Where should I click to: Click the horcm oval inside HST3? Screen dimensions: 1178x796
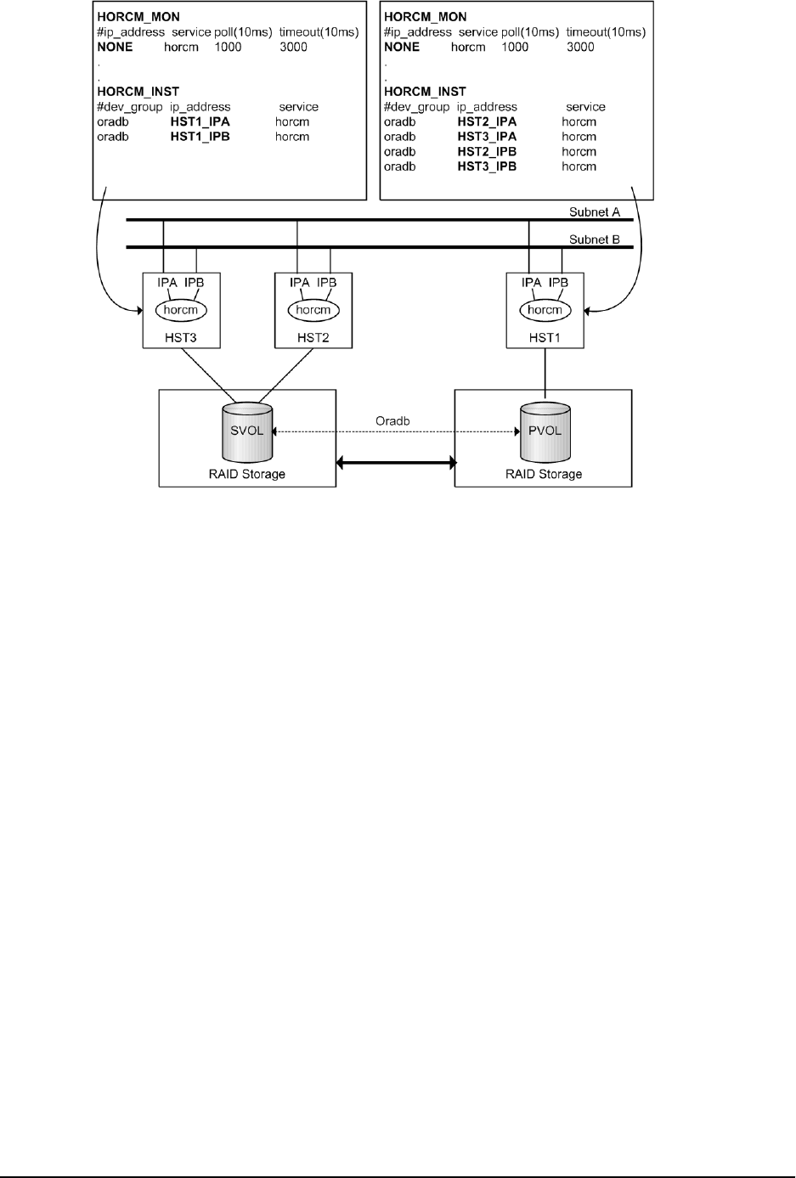pos(181,310)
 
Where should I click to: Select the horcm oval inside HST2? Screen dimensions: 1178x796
pos(313,310)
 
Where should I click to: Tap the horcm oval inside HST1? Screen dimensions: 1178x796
pos(545,310)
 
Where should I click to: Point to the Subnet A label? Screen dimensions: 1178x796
pos(595,211)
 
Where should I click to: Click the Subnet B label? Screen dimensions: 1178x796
pos(595,240)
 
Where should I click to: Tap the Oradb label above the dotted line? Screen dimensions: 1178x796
pos(393,420)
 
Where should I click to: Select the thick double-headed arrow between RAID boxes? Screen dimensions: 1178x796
pos(396,463)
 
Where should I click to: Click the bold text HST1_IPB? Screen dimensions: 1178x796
pos(200,136)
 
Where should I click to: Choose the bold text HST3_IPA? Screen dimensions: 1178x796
pos(487,136)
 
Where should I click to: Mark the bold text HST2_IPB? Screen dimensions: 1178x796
pos(487,151)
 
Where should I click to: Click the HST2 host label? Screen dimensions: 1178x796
pos(313,337)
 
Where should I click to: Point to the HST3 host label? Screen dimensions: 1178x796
pos(181,337)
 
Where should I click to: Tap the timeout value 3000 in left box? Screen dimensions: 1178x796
pos(293,47)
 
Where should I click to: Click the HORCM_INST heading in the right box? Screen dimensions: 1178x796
pos(425,91)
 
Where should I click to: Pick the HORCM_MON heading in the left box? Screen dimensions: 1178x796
pos(138,16)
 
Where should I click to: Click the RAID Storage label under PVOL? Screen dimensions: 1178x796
pos(544,474)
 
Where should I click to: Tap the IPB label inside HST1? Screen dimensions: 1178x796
pos(559,282)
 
